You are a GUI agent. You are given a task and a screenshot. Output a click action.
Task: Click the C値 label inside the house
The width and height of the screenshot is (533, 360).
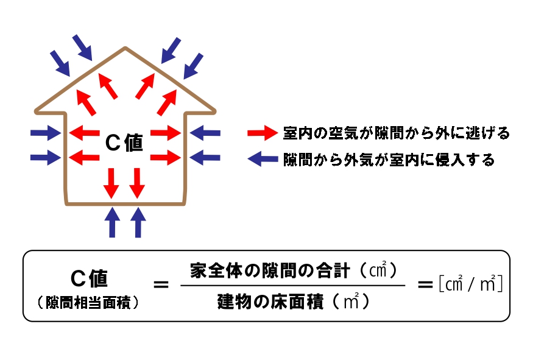(x=124, y=143)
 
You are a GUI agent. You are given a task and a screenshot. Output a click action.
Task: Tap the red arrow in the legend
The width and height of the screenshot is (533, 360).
(x=263, y=132)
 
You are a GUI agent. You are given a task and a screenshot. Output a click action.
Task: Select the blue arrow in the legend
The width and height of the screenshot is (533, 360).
(x=263, y=160)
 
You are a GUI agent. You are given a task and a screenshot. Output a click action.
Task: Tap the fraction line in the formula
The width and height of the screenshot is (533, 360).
(x=292, y=285)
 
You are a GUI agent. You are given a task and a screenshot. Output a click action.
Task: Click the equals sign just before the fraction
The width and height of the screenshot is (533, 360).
(x=160, y=284)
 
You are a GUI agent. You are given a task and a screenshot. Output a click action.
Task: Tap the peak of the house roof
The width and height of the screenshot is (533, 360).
(x=125, y=48)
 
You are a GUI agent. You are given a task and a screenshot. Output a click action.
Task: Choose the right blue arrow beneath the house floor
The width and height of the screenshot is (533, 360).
(x=138, y=222)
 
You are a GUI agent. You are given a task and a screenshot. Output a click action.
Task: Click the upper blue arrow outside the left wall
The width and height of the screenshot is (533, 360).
(x=46, y=132)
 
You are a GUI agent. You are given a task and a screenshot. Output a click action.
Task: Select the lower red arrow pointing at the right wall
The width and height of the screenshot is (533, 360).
(x=166, y=158)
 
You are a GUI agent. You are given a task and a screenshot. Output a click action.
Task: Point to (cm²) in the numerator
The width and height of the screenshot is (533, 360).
(x=379, y=269)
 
